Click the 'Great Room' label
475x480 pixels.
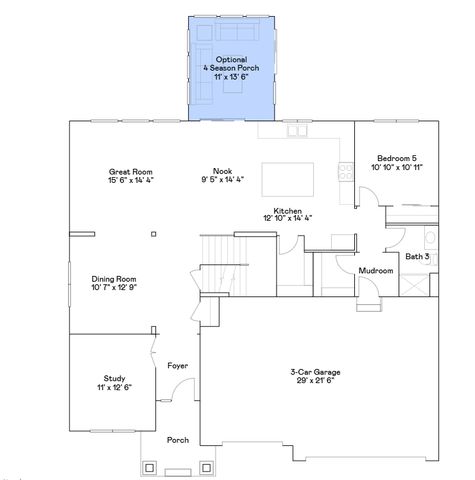[x=130, y=171]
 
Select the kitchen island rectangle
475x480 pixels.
[x=293, y=180]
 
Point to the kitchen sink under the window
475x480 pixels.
[x=297, y=130]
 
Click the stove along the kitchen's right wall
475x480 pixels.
[x=346, y=171]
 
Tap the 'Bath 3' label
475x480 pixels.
[x=417, y=257]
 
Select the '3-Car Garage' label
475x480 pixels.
[x=315, y=371]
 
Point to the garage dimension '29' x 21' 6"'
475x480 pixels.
[x=315, y=381]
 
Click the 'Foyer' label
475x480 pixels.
[x=178, y=365]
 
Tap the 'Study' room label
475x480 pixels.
[x=114, y=378]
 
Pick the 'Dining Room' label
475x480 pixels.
[x=114, y=279]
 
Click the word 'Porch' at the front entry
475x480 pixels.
[x=178, y=439]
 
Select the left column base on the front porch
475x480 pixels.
[x=151, y=466]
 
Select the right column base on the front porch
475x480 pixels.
[x=206, y=466]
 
